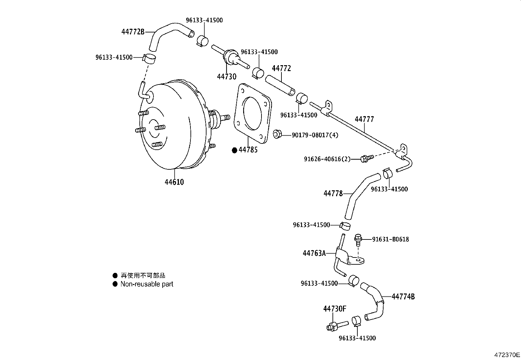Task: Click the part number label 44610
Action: [174, 182]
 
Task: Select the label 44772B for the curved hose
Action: [133, 32]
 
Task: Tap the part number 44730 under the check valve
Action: [226, 77]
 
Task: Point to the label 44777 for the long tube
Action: [364, 119]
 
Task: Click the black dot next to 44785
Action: [234, 150]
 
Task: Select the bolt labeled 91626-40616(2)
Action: [365, 159]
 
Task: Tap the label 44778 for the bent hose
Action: [333, 194]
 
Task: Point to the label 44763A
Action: [314, 253]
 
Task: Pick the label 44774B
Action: [403, 297]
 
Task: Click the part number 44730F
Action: [334, 309]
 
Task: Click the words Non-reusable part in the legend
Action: [147, 284]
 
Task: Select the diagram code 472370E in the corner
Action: [507, 355]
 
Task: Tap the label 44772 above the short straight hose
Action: [281, 68]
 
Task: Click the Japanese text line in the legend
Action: [143, 276]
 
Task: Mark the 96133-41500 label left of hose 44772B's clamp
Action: [114, 57]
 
